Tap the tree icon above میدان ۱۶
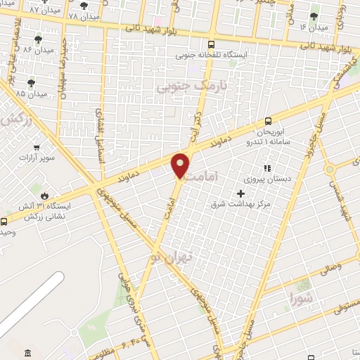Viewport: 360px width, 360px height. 314,15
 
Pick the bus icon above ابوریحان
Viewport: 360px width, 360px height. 268,121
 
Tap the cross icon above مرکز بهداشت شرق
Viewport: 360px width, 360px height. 241,193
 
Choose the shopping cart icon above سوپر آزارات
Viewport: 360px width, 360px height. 35,148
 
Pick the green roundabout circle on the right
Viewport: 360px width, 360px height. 329,169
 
